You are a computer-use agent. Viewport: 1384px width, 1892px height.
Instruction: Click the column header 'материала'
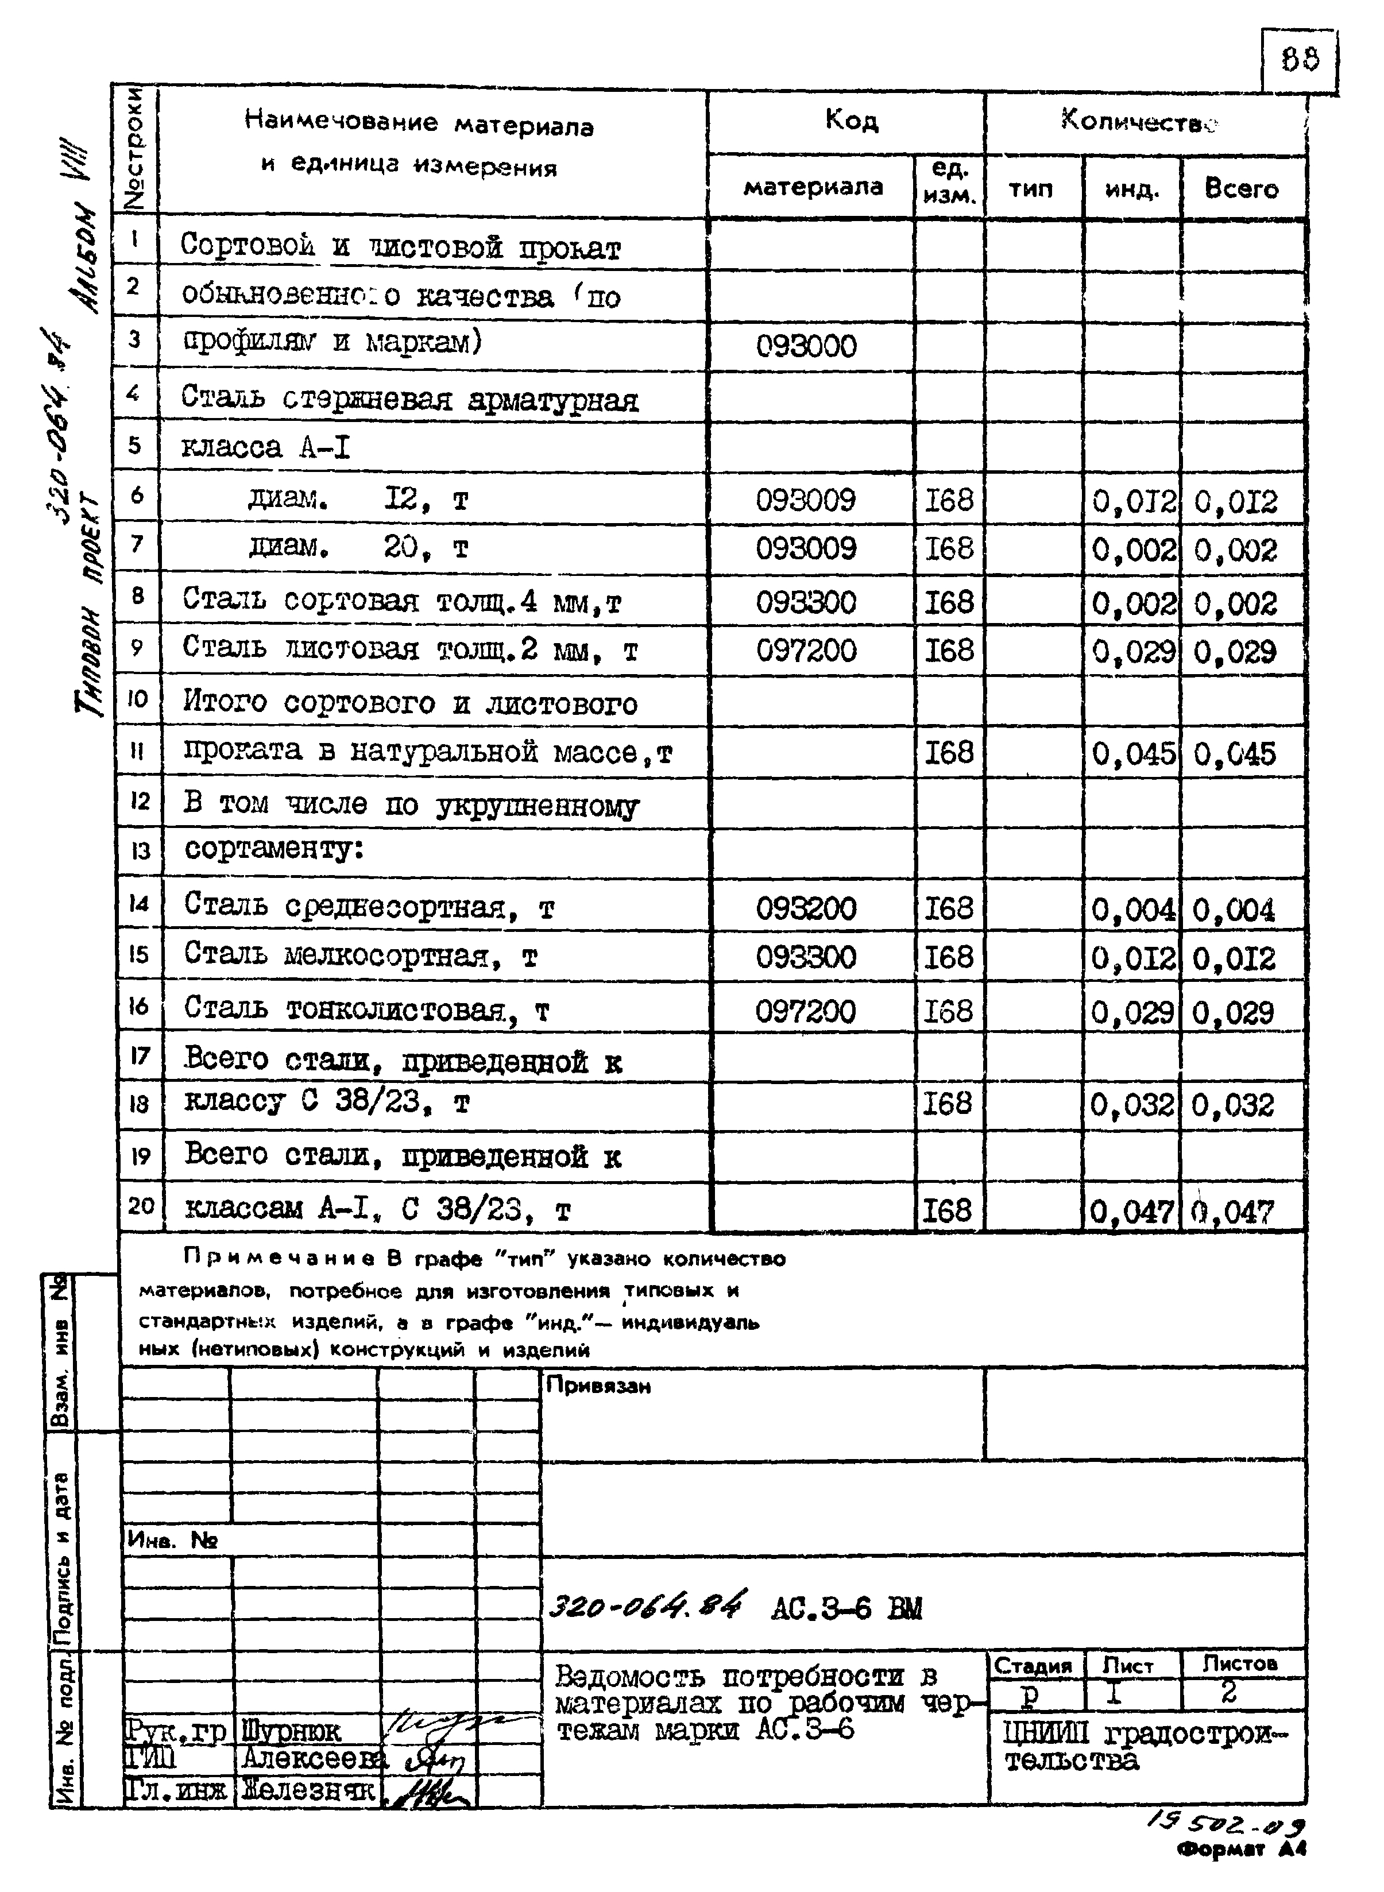pyautogui.click(x=812, y=186)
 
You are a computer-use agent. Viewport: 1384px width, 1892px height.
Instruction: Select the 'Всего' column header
pyautogui.click(x=1241, y=188)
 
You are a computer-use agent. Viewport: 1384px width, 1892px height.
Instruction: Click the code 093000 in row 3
pyautogui.click(x=806, y=345)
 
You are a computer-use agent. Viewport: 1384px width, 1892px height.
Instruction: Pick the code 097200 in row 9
pyautogui.click(x=806, y=650)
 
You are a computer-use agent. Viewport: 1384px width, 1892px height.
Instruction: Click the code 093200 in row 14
pyautogui.click(x=806, y=908)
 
